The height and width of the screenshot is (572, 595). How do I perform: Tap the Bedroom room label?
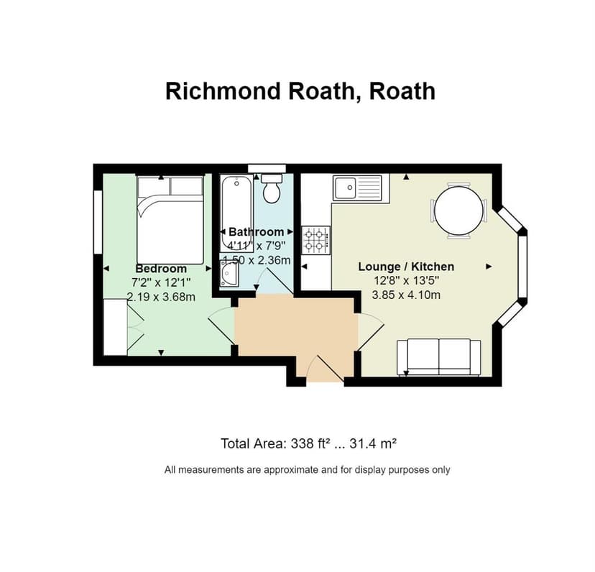pos(161,269)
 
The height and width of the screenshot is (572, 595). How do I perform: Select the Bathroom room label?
pos(256,231)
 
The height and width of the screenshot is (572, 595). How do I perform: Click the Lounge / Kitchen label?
pos(406,267)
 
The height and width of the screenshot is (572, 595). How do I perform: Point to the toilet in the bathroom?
pos(272,188)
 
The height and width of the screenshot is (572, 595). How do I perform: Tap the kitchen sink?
pos(358,188)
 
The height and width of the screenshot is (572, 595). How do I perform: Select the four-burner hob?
pos(316,240)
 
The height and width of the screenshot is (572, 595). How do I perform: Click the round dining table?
pos(458,211)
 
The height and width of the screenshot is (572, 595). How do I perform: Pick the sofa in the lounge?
pos(438,356)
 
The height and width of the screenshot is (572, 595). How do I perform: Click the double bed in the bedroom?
pos(170,219)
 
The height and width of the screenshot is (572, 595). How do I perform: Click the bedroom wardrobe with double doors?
pos(116,328)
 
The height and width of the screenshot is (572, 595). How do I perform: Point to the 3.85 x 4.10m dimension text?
pos(406,295)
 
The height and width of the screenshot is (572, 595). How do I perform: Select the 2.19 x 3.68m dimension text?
pos(161,296)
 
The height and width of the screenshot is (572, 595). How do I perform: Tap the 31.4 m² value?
pos(373,443)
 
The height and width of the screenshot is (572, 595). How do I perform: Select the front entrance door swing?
pos(323,369)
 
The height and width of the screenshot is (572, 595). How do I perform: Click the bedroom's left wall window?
pos(97,221)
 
